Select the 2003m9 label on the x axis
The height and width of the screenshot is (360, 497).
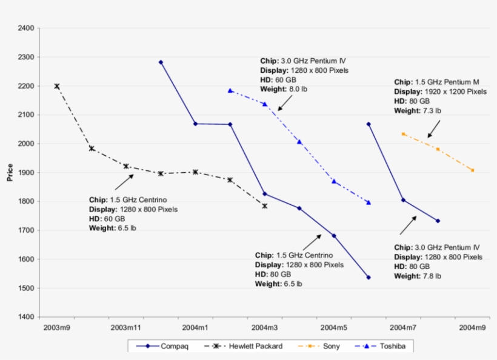[x=56, y=328]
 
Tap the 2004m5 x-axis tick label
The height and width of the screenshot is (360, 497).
[x=334, y=328]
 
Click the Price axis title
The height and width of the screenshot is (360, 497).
[x=10, y=172]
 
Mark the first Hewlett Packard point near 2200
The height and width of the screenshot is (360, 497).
[x=57, y=86]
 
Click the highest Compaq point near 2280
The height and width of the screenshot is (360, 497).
[x=161, y=62]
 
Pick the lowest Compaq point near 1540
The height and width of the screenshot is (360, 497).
[x=369, y=278]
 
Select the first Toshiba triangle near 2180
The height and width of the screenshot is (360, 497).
[x=230, y=90]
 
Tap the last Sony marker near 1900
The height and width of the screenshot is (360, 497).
[x=473, y=170]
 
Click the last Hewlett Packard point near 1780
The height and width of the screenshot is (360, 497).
[x=265, y=206]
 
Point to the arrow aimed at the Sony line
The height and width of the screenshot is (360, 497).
[x=434, y=128]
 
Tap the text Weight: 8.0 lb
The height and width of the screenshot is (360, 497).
[x=281, y=89]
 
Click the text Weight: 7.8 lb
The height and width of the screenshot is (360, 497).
[x=418, y=276]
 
